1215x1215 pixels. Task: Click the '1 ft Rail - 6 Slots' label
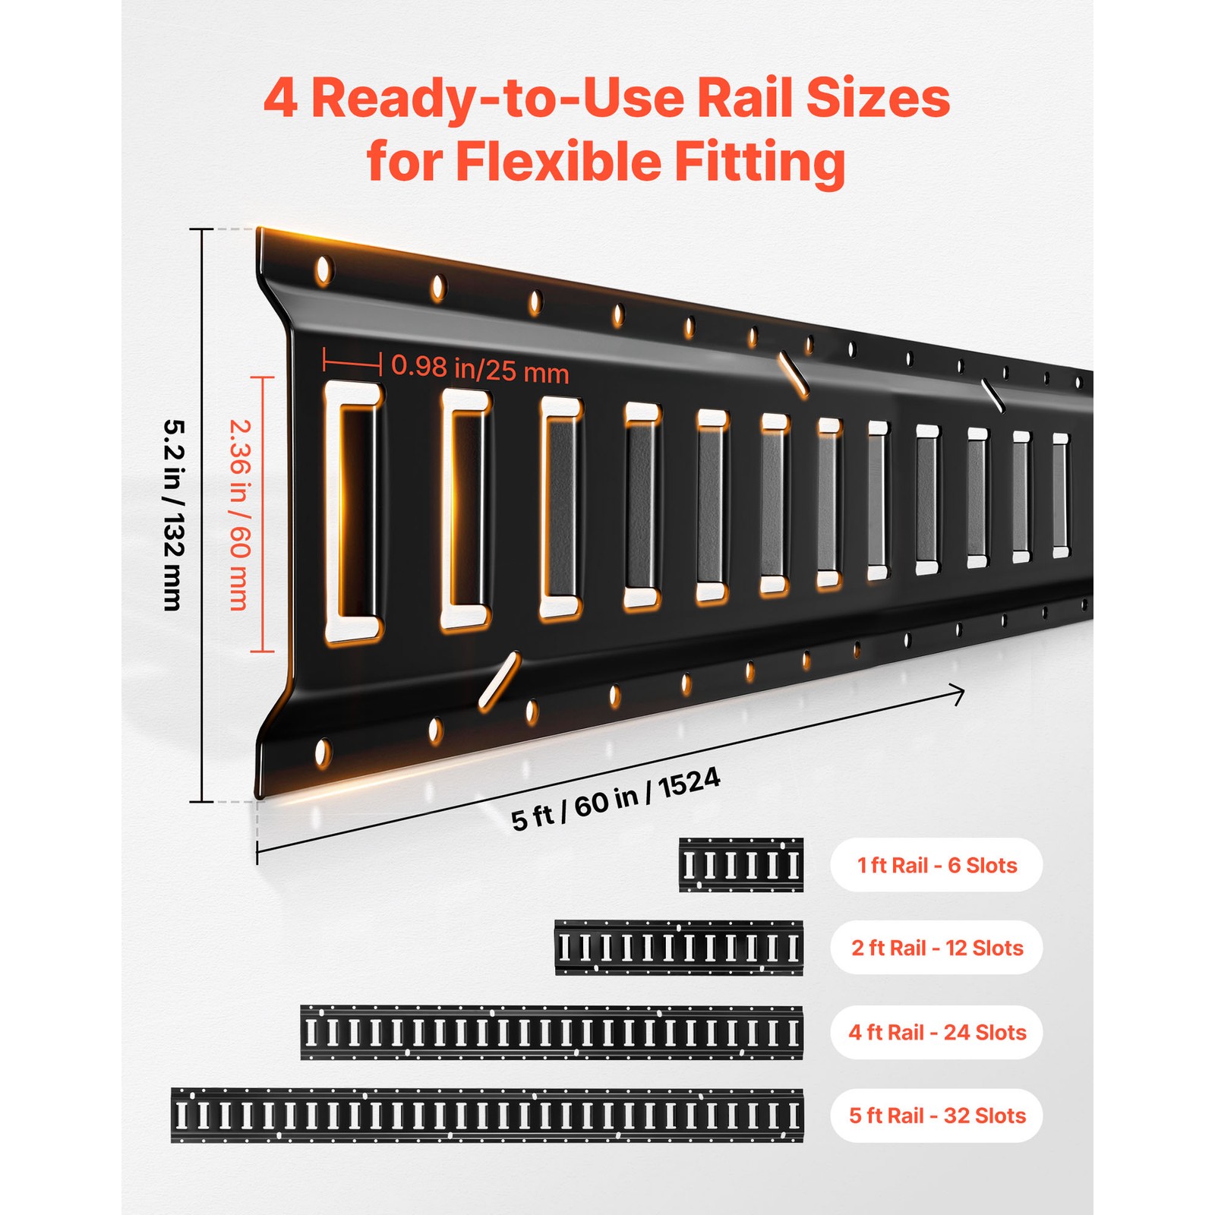point(936,865)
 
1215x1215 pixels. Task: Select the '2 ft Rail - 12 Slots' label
point(936,948)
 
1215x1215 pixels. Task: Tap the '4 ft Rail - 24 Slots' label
point(936,1032)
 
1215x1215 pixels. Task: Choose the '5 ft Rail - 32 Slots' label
point(936,1116)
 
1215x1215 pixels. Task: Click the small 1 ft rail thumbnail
point(740,865)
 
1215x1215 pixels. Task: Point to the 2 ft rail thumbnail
point(678,948)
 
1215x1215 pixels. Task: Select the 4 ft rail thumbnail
point(551,1032)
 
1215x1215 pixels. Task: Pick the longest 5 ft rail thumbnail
point(487,1116)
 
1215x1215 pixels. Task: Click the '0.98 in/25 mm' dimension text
point(480,369)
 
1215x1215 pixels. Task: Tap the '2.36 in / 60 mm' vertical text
point(239,515)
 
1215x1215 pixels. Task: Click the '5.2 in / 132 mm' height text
point(173,515)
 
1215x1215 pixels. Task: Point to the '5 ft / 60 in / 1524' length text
point(615,799)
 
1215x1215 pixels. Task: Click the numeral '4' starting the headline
point(280,99)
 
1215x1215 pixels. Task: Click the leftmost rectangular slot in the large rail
point(353,513)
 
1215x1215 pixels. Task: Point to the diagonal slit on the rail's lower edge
point(499,681)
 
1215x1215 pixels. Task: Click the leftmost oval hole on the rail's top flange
point(323,270)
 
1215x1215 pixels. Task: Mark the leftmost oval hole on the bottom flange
point(323,753)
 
